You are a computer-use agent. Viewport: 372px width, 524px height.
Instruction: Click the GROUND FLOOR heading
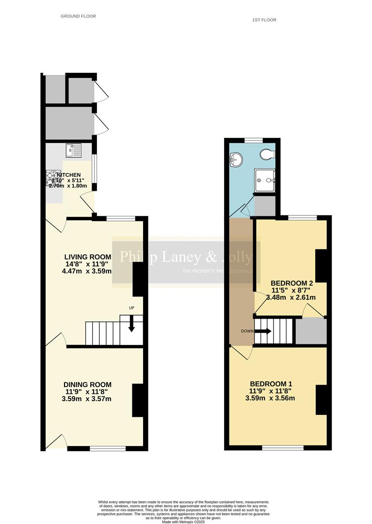(x=78, y=16)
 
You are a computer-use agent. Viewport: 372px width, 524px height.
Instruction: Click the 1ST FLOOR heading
(x=264, y=20)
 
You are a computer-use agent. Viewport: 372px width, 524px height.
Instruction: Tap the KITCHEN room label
(x=69, y=175)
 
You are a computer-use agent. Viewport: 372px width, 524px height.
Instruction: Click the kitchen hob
(x=52, y=179)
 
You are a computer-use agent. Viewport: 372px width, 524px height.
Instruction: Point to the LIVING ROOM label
(x=88, y=257)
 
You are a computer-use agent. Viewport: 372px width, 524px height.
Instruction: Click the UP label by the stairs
(x=131, y=308)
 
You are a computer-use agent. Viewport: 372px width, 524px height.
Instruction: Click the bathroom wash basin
(x=236, y=158)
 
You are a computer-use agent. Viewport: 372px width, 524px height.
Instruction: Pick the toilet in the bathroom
(x=266, y=154)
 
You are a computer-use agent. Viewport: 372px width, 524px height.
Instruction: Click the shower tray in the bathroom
(x=264, y=180)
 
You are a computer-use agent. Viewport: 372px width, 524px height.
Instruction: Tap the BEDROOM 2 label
(x=291, y=283)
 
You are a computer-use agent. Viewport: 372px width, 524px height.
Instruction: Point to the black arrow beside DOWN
(x=263, y=331)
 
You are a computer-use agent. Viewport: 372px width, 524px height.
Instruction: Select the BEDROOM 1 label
(x=271, y=384)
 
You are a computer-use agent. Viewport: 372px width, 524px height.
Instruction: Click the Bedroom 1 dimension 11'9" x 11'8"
(x=271, y=391)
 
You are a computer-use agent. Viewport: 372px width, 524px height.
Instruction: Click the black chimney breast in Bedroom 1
(x=322, y=400)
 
